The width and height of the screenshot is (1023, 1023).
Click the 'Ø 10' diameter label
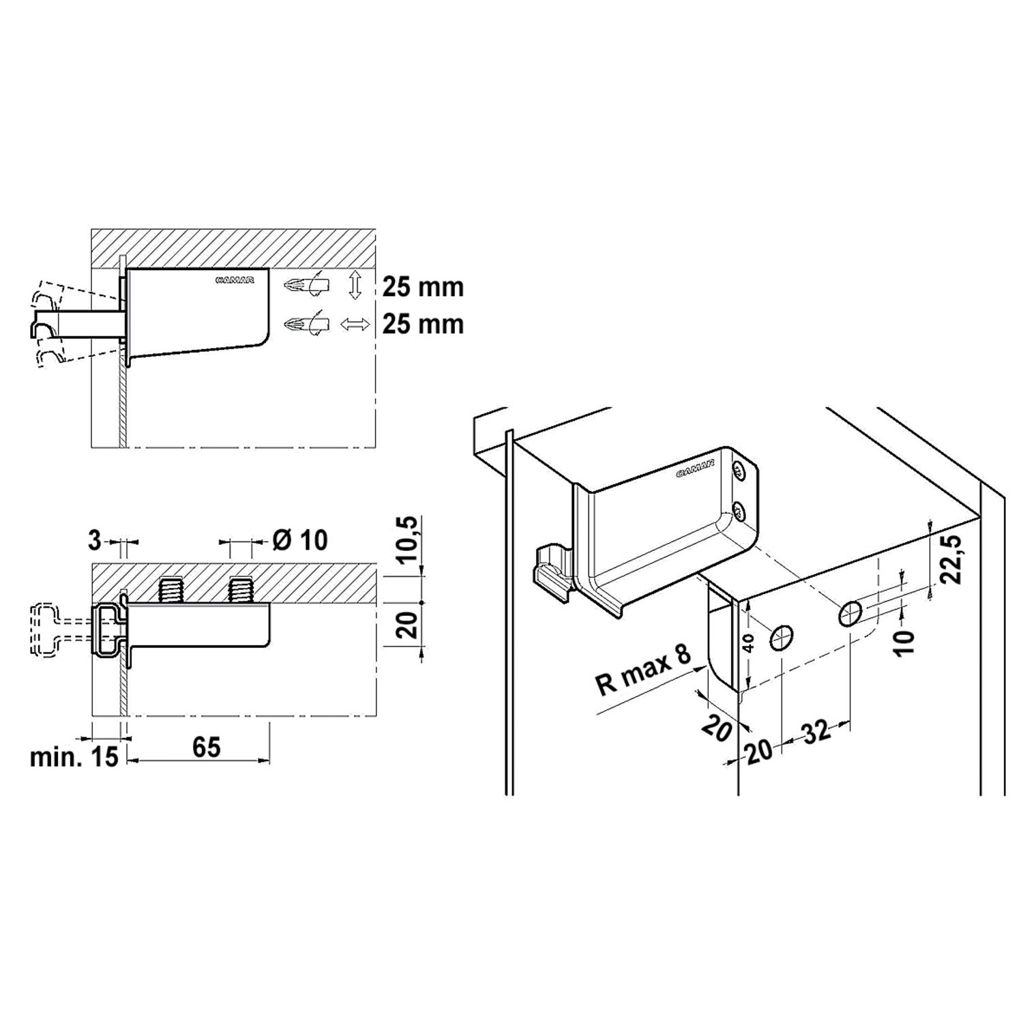[x=300, y=540]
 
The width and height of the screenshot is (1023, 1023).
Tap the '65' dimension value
[x=207, y=747]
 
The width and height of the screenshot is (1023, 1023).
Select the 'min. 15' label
[x=74, y=757]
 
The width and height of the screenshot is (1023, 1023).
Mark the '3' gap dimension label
[x=95, y=541]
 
